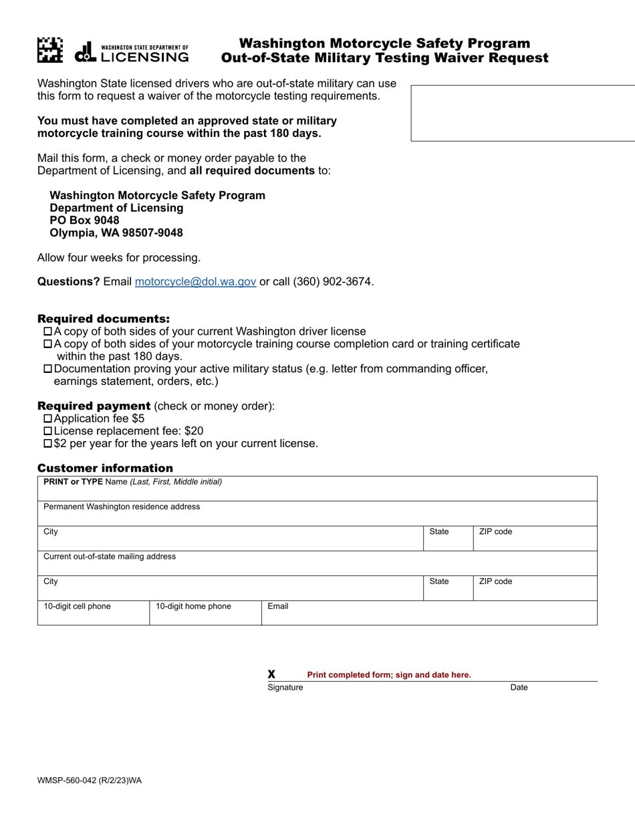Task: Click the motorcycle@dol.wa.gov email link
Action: click(x=195, y=281)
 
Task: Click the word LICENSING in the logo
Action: click(x=144, y=57)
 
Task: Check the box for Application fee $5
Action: click(x=47, y=419)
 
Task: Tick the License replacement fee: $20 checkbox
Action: click(x=47, y=431)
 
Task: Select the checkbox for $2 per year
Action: click(x=47, y=444)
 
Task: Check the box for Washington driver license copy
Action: click(x=47, y=331)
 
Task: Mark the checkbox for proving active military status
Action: click(x=47, y=369)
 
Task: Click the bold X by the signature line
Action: click(x=271, y=674)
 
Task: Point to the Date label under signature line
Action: click(x=519, y=687)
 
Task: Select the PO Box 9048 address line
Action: click(x=85, y=221)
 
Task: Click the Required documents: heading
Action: click(x=104, y=319)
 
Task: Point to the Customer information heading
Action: click(x=105, y=468)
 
